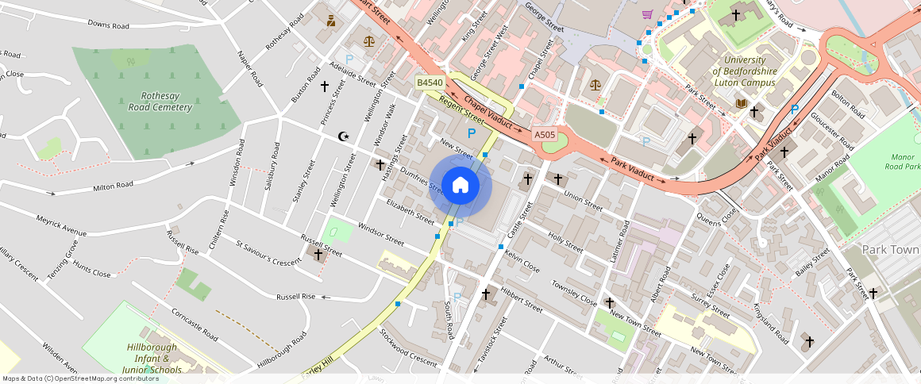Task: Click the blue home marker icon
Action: tap(460, 186)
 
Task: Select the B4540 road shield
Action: tap(430, 83)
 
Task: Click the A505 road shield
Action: tap(545, 135)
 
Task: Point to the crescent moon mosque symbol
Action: tap(344, 136)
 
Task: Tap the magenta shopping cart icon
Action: tap(647, 13)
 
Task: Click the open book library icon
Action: tap(741, 103)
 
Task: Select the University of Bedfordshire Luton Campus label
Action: tap(744, 71)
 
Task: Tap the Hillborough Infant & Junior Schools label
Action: tap(153, 359)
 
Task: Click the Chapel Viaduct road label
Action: tap(488, 113)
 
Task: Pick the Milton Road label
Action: tap(113, 186)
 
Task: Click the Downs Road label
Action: tap(108, 25)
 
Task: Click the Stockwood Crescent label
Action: tap(408, 348)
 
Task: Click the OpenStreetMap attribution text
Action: tap(80, 378)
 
